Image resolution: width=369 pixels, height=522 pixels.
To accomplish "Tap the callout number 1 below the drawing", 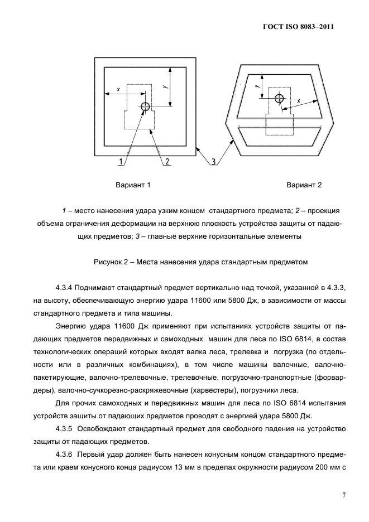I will pyautogui.click(x=121, y=162).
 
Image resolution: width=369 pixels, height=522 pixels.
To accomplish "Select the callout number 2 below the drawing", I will pyautogui.click(x=167, y=162).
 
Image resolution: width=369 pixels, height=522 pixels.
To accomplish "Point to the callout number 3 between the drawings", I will pyautogui.click(x=213, y=162).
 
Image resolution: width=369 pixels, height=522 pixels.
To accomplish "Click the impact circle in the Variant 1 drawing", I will pyautogui.click(x=145, y=107).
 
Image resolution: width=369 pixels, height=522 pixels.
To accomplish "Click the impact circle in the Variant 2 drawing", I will pyautogui.click(x=279, y=99).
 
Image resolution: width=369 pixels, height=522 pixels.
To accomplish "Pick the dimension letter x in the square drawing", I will pyautogui.click(x=118, y=89).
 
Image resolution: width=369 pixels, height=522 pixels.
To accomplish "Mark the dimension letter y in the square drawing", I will pyautogui.click(x=165, y=86).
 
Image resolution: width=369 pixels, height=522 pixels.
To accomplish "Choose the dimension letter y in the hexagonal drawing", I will pyautogui.click(x=256, y=86).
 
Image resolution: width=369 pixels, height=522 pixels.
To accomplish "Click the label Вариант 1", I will pyautogui.click(x=133, y=185).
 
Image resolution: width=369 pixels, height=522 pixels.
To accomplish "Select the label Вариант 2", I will pyautogui.click(x=304, y=185).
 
